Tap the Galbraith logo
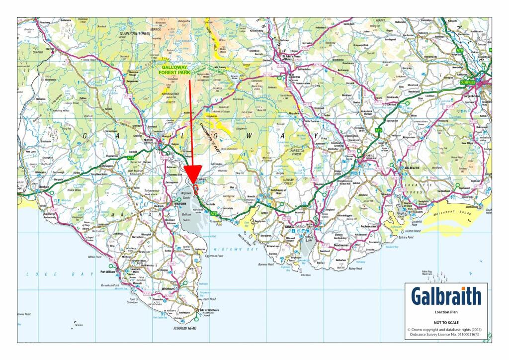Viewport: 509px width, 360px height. (446, 296)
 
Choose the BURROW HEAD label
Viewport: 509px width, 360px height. (185, 329)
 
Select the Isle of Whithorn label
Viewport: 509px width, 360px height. (209, 310)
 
